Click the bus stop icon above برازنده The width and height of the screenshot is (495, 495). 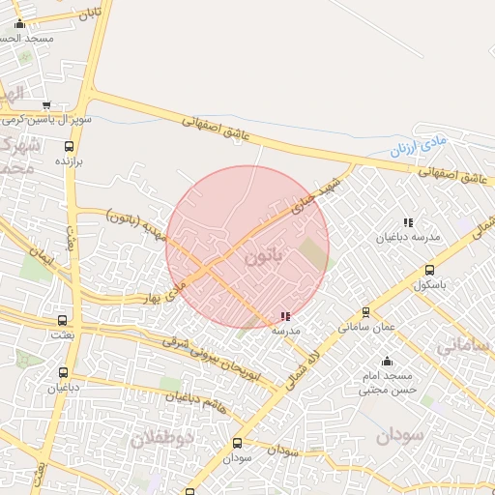[x=68, y=146]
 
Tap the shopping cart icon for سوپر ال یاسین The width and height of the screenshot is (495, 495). [x=45, y=106]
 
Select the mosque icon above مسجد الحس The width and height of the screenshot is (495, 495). [x=19, y=24]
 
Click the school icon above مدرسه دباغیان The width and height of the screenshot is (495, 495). [x=408, y=222]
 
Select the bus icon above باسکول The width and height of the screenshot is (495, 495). [x=429, y=271]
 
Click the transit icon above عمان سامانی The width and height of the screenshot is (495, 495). [x=365, y=312]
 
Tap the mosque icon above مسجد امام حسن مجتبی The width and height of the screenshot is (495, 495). [x=387, y=362]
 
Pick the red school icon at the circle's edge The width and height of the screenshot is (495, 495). [x=284, y=316]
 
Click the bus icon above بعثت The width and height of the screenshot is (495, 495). [x=63, y=320]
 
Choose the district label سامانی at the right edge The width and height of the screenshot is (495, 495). [x=467, y=345]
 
